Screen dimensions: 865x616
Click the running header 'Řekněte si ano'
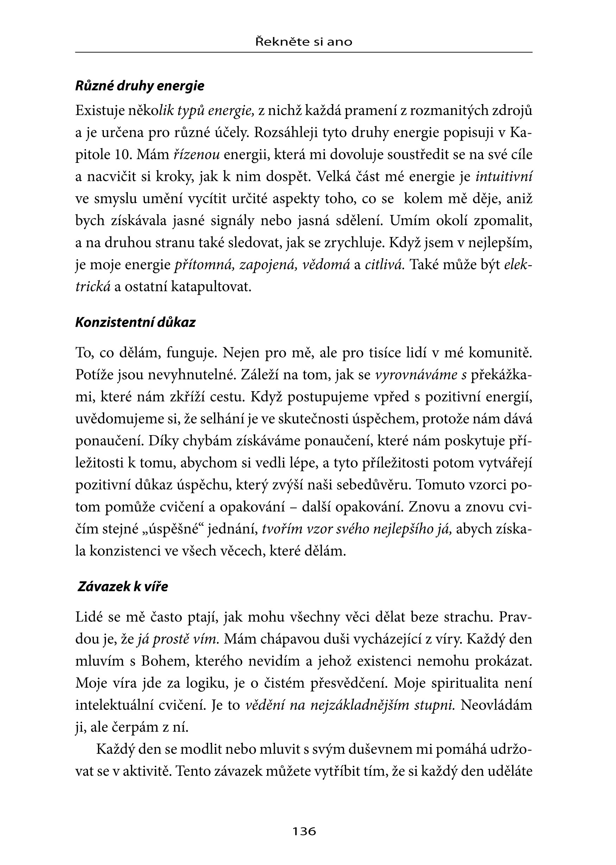click(x=304, y=42)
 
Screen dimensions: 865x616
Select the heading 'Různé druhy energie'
click(x=140, y=86)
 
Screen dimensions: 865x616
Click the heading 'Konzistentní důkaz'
click(x=136, y=322)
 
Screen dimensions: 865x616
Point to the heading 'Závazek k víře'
click(x=122, y=586)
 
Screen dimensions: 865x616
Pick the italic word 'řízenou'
click(x=196, y=155)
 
